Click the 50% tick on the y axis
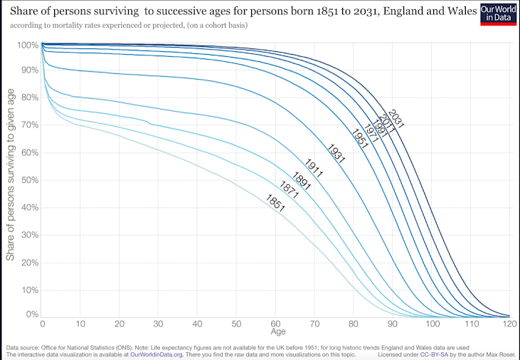pos(28,181)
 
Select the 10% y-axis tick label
pos(28,290)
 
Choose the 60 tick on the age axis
pos(276,324)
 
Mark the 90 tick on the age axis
pos(393,324)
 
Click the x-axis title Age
pos(277,332)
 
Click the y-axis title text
pos(11,181)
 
